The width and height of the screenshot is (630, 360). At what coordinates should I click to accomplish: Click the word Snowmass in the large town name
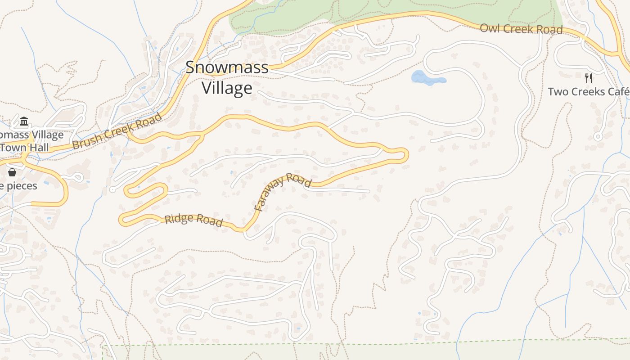[227, 67]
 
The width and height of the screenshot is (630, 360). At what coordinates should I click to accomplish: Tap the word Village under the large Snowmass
[227, 88]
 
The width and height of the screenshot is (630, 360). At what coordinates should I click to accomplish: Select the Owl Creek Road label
[521, 29]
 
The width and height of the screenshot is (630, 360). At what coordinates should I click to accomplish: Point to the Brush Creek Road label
[117, 131]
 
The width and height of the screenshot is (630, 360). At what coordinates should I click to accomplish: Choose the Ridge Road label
[193, 220]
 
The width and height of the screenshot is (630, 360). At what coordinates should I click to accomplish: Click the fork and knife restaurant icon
[589, 78]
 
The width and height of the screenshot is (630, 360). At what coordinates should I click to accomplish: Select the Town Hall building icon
[24, 121]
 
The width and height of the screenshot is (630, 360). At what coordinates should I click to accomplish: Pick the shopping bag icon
[12, 172]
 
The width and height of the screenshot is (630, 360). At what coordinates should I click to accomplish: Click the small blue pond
[425, 78]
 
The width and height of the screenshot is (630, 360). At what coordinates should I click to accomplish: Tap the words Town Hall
[24, 148]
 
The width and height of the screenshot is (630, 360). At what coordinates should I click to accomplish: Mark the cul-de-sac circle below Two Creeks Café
[598, 136]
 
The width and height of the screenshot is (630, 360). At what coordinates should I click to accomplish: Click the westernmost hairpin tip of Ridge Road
[121, 220]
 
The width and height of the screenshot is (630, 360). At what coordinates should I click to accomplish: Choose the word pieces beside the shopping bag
[20, 185]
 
